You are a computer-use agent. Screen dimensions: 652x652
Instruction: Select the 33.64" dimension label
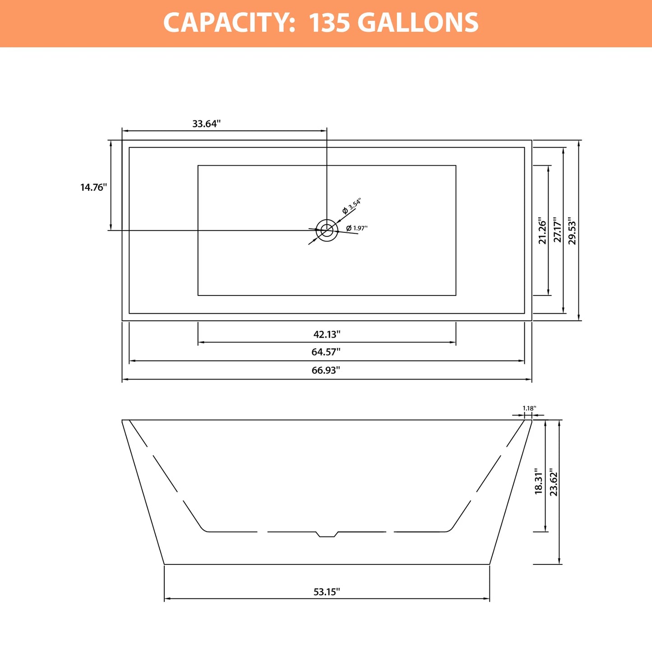[x=206, y=124]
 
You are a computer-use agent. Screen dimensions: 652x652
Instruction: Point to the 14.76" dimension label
[x=93, y=187]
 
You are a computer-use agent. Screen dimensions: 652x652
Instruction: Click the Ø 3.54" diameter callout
[x=352, y=206]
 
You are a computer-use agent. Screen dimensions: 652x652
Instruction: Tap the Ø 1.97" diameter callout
[x=357, y=228]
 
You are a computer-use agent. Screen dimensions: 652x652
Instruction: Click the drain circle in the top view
[x=327, y=231]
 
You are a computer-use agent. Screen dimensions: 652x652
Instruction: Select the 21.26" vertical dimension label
[x=542, y=231]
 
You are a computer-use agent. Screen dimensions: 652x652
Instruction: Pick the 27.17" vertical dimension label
[x=557, y=230]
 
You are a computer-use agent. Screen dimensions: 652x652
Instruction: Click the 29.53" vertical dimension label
[x=572, y=231]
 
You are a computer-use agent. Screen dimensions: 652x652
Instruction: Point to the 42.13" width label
[x=327, y=334]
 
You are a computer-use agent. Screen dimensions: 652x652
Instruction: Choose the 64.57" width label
[x=326, y=352]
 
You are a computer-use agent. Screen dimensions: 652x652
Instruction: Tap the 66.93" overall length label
[x=326, y=370]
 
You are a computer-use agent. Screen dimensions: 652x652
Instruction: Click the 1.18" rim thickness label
[x=529, y=408]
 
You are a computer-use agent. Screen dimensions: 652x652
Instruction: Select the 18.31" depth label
[x=539, y=481]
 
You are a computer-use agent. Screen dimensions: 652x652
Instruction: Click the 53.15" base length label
[x=327, y=592]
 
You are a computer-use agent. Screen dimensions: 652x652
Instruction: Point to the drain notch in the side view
[x=327, y=534]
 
